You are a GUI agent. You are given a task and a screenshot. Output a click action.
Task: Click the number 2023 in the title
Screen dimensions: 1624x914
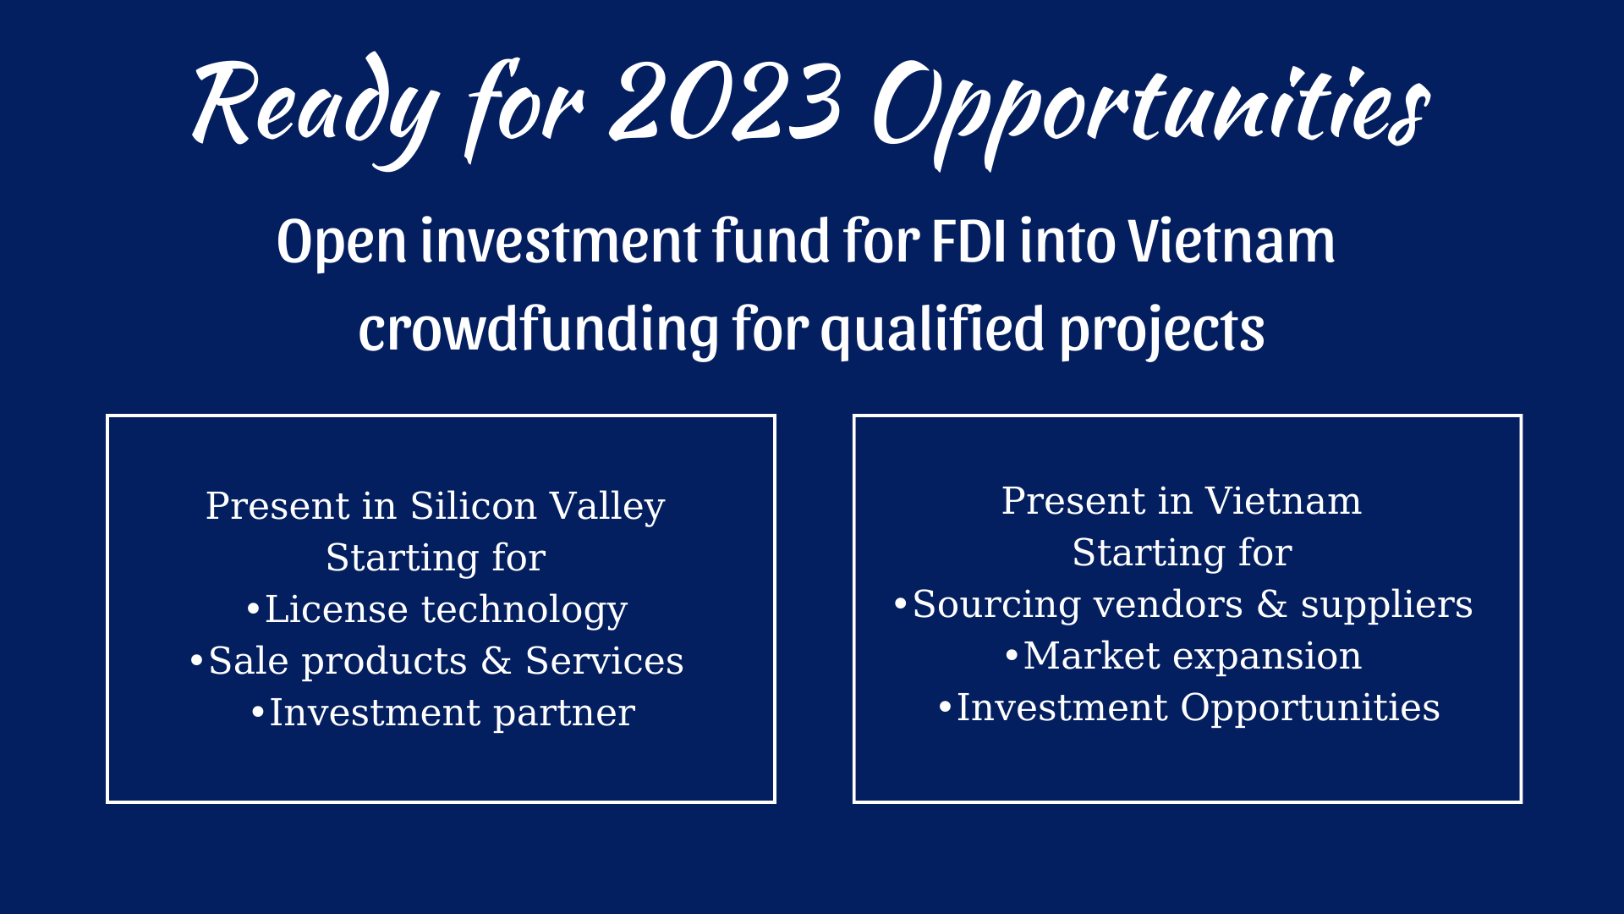726,102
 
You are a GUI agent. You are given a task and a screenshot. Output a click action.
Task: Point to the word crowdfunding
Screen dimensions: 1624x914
538,328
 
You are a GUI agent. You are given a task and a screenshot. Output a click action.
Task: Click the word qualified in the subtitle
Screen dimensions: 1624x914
933,330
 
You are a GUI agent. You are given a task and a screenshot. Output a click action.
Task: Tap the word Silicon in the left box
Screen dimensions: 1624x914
474,506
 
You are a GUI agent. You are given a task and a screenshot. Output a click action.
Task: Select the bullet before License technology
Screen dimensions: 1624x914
252,608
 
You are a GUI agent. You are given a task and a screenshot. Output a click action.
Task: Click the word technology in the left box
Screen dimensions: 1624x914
524,610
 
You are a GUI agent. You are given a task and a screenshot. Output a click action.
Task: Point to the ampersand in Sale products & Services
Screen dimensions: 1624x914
496,661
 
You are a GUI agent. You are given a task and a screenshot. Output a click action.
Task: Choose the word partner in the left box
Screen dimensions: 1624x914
564,713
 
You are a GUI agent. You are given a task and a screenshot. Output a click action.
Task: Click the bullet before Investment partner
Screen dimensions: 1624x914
258,712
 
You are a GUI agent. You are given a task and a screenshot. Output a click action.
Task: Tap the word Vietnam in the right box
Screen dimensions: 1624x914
1283,501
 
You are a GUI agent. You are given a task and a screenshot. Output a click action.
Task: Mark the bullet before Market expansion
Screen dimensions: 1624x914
1012,655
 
